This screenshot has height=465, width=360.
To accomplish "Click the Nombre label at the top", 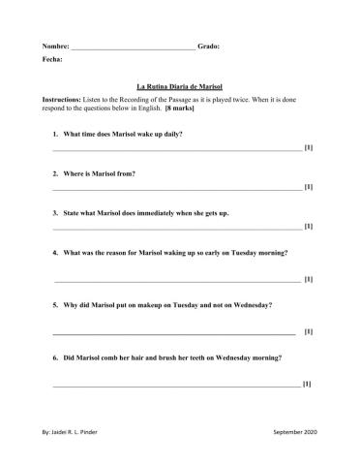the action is [x=56, y=46].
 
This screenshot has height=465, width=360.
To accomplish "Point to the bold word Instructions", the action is [x=64, y=100].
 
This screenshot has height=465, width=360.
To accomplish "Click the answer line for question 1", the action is [x=175, y=149].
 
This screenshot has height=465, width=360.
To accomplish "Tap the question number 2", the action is [x=55, y=173].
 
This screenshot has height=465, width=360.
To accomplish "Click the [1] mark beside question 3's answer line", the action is [x=308, y=227].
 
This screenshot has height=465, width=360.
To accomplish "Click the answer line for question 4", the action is [x=175, y=280].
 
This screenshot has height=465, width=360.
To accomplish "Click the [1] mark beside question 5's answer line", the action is [x=308, y=332].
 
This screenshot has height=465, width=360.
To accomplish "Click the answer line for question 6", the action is [x=175, y=385].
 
